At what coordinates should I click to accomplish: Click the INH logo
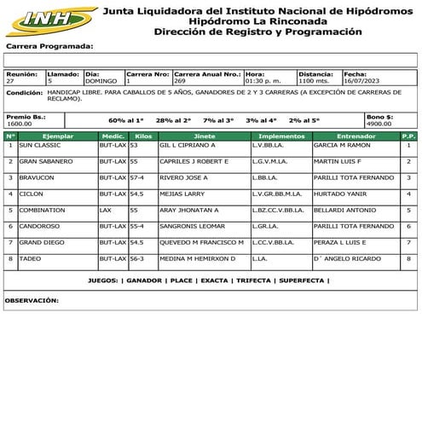tap(49, 18)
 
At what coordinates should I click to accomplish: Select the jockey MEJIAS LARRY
tap(184, 194)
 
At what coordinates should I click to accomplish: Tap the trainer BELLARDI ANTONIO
tap(344, 210)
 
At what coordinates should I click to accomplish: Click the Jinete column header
tap(205, 136)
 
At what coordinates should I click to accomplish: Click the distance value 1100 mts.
tap(314, 81)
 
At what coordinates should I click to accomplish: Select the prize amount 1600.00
tap(19, 124)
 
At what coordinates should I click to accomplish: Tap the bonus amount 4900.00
tap(379, 124)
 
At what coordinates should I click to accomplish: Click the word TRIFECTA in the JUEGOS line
tap(254, 280)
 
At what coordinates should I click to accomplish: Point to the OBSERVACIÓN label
tap(32, 300)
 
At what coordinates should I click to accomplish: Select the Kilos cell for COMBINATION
tap(134, 210)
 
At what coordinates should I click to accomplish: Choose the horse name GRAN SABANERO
tap(45, 161)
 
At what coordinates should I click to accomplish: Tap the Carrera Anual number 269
tap(180, 81)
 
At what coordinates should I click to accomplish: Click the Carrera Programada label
tap(49, 46)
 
